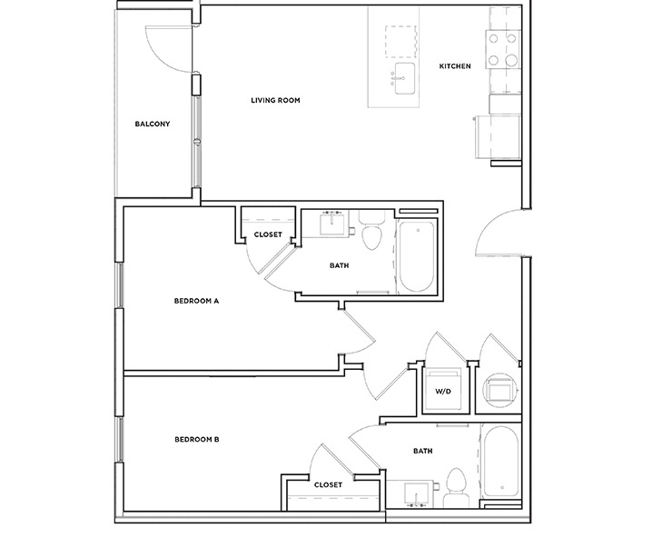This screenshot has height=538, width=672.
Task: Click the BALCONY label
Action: (153, 125)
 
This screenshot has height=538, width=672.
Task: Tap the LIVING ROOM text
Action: (275, 100)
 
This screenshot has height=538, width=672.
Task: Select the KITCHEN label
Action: (455, 66)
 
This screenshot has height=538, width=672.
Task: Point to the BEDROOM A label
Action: (197, 301)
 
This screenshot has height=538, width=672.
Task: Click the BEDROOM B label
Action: (197, 440)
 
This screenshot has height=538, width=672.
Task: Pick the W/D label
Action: (443, 393)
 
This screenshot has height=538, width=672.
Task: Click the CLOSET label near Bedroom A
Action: (268, 235)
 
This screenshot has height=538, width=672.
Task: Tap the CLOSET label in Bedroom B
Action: (328, 485)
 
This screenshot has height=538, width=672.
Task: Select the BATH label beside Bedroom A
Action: (340, 266)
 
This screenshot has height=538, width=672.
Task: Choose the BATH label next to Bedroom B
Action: (423, 451)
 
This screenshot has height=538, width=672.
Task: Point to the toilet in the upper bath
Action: (371, 235)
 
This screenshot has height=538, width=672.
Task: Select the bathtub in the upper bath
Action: (418, 257)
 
